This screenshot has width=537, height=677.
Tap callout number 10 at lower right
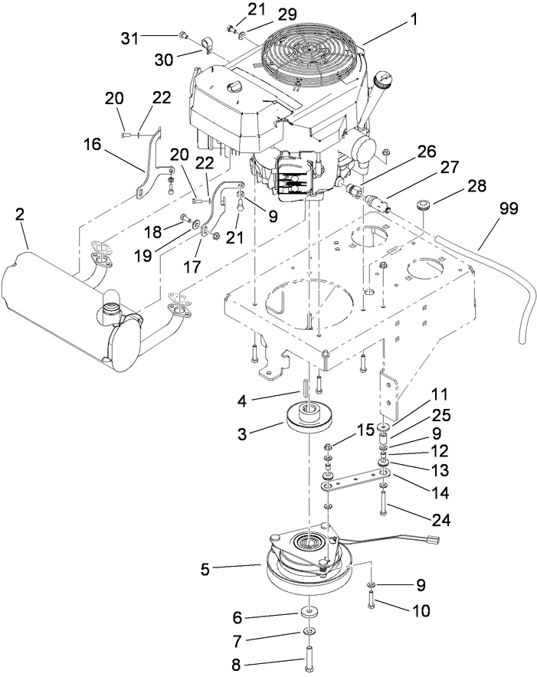point(421,611)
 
